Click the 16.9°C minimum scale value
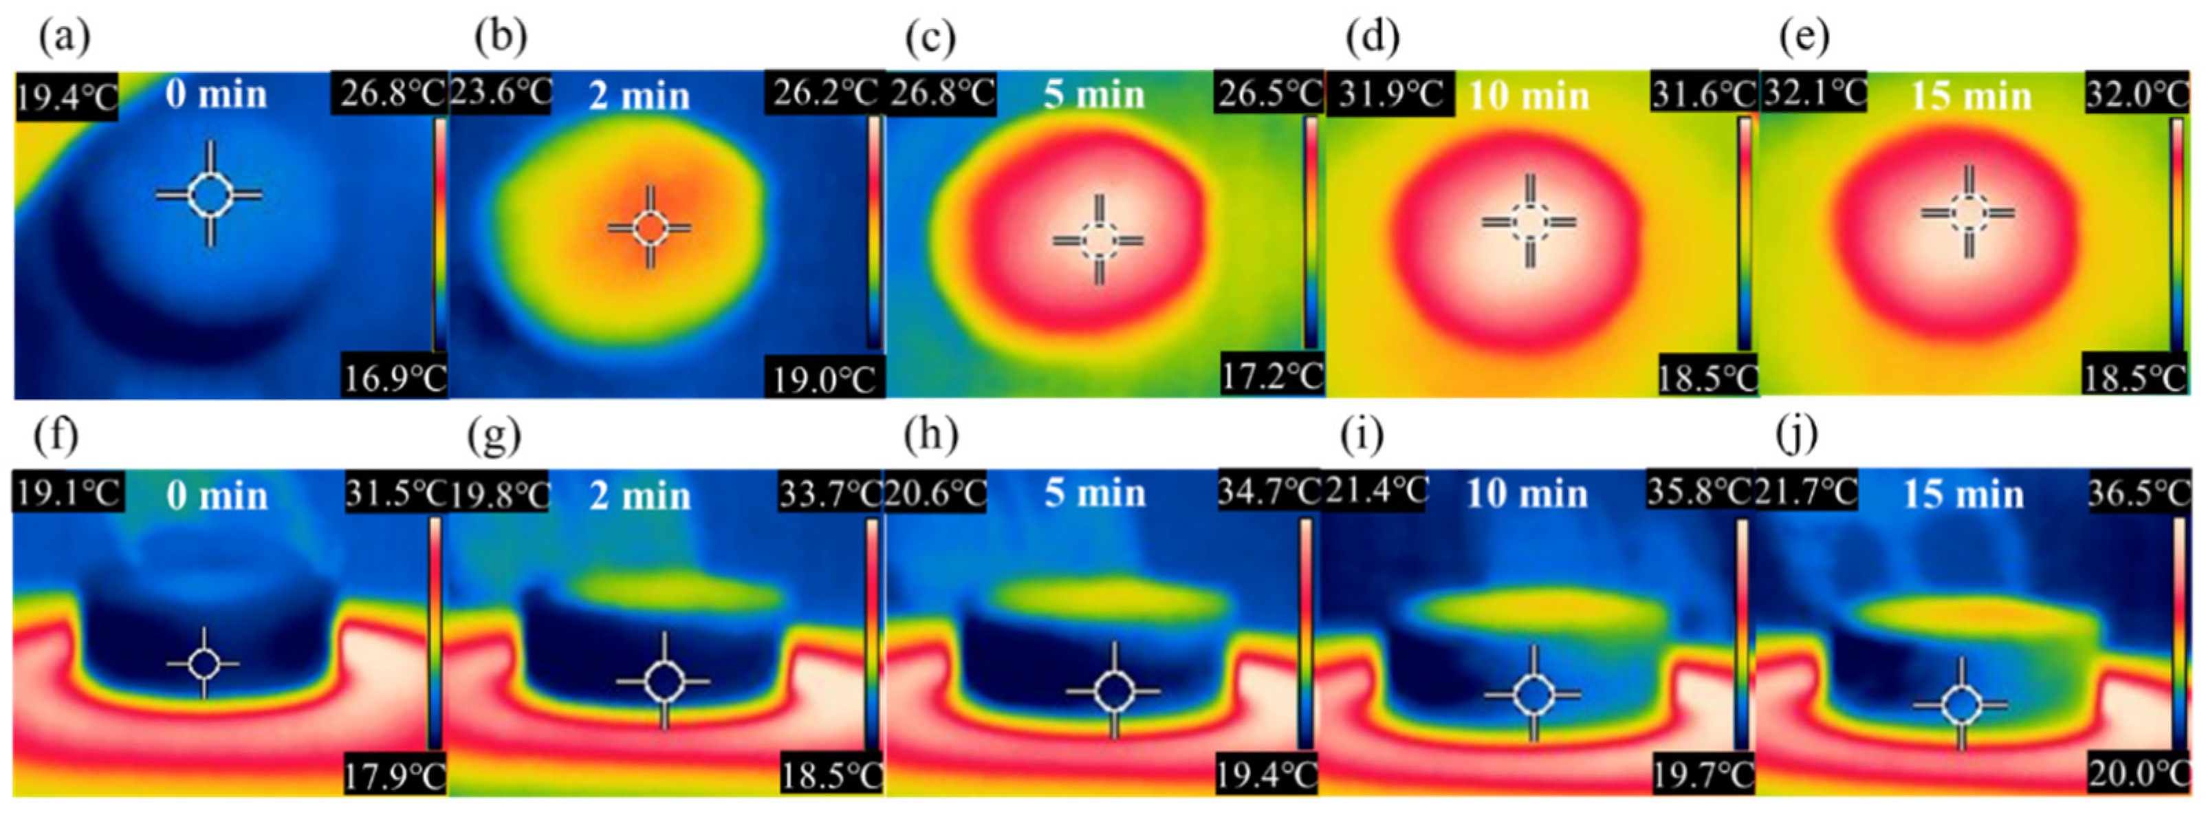[395, 377]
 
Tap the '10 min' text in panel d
[1529, 95]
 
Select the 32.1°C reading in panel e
[1814, 93]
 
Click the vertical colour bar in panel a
[439, 233]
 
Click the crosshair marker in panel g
[664, 682]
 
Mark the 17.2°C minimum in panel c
[1271, 376]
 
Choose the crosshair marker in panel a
[209, 195]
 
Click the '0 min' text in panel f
[217, 496]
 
